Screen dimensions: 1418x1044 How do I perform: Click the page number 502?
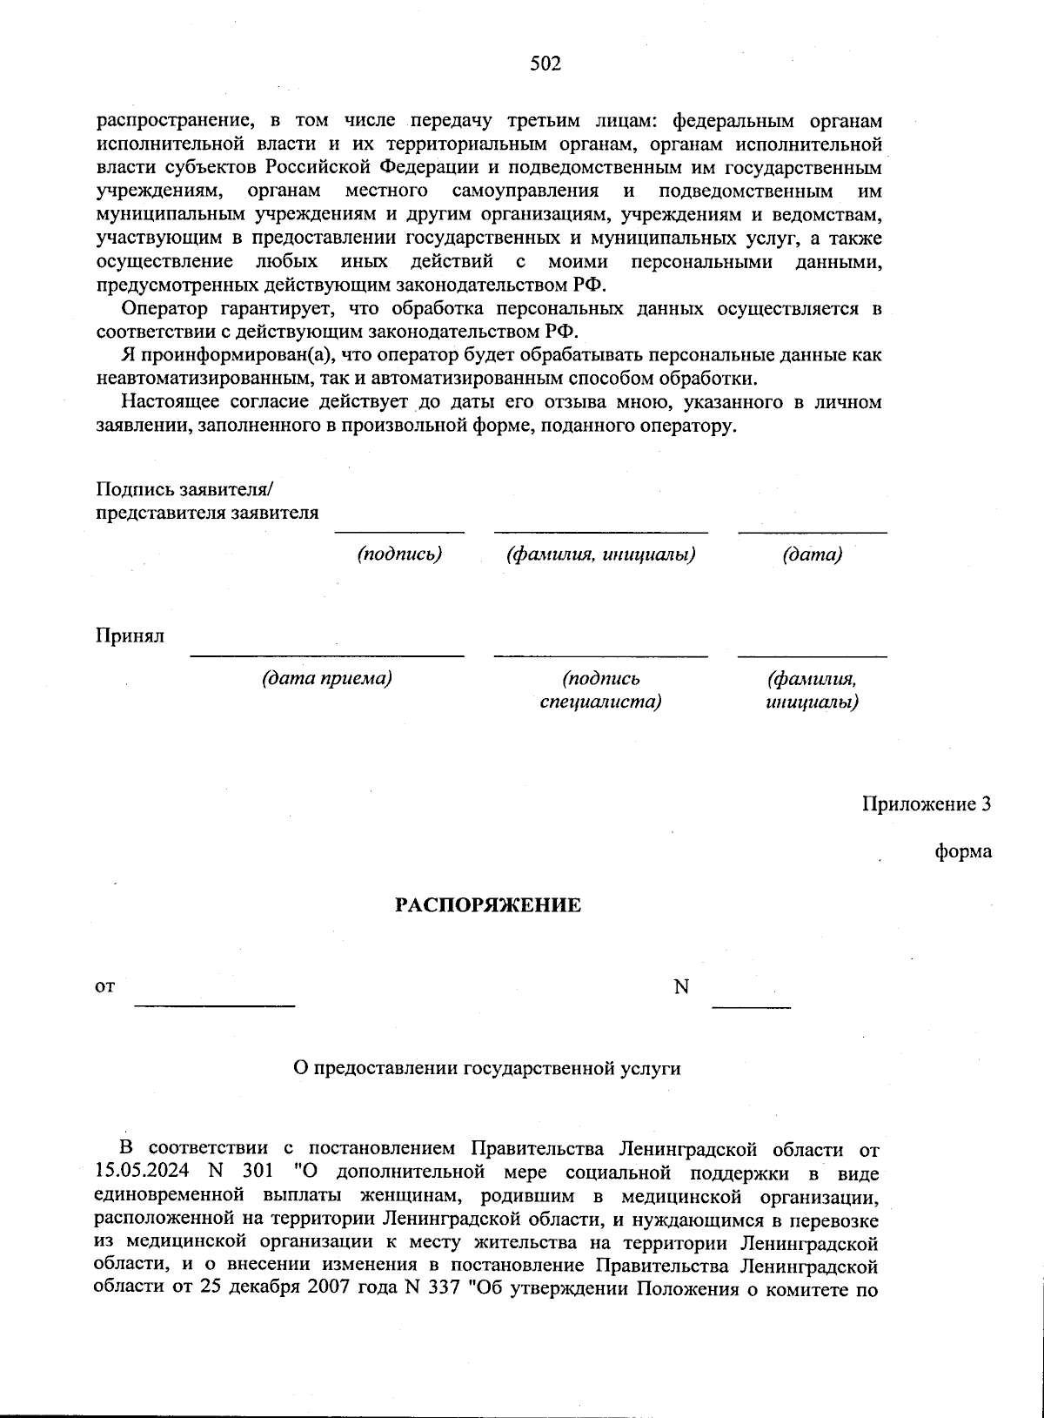[x=545, y=64]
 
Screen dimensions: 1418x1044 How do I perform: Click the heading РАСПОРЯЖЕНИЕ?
[x=488, y=905]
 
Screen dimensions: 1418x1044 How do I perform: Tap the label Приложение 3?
[x=927, y=803]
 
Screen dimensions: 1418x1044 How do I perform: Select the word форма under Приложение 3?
[x=963, y=851]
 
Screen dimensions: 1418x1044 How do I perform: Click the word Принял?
[x=130, y=636]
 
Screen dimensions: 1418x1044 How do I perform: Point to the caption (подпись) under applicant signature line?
[x=400, y=554]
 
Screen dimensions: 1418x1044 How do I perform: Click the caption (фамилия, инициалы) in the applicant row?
[x=600, y=554]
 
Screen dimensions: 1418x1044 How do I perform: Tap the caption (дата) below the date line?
[x=813, y=554]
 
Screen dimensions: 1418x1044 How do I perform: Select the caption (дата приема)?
[x=327, y=678]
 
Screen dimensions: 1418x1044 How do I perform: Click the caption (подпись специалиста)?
[x=600, y=689]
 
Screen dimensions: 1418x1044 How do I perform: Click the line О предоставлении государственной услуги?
[x=487, y=1068]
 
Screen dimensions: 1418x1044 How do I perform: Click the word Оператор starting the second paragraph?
[x=164, y=309]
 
